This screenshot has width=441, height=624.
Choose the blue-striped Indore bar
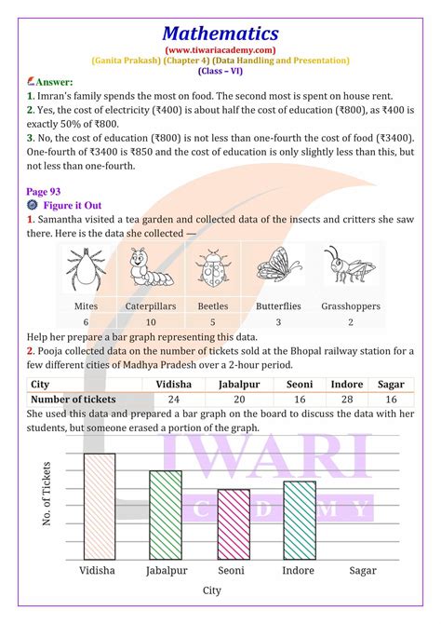pyautogui.click(x=299, y=518)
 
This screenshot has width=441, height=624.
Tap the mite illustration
pyautogui.click(x=86, y=270)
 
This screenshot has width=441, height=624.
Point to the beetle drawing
pyautogui.click(x=212, y=270)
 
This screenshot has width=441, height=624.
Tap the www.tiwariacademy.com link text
pyautogui.click(x=220, y=49)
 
